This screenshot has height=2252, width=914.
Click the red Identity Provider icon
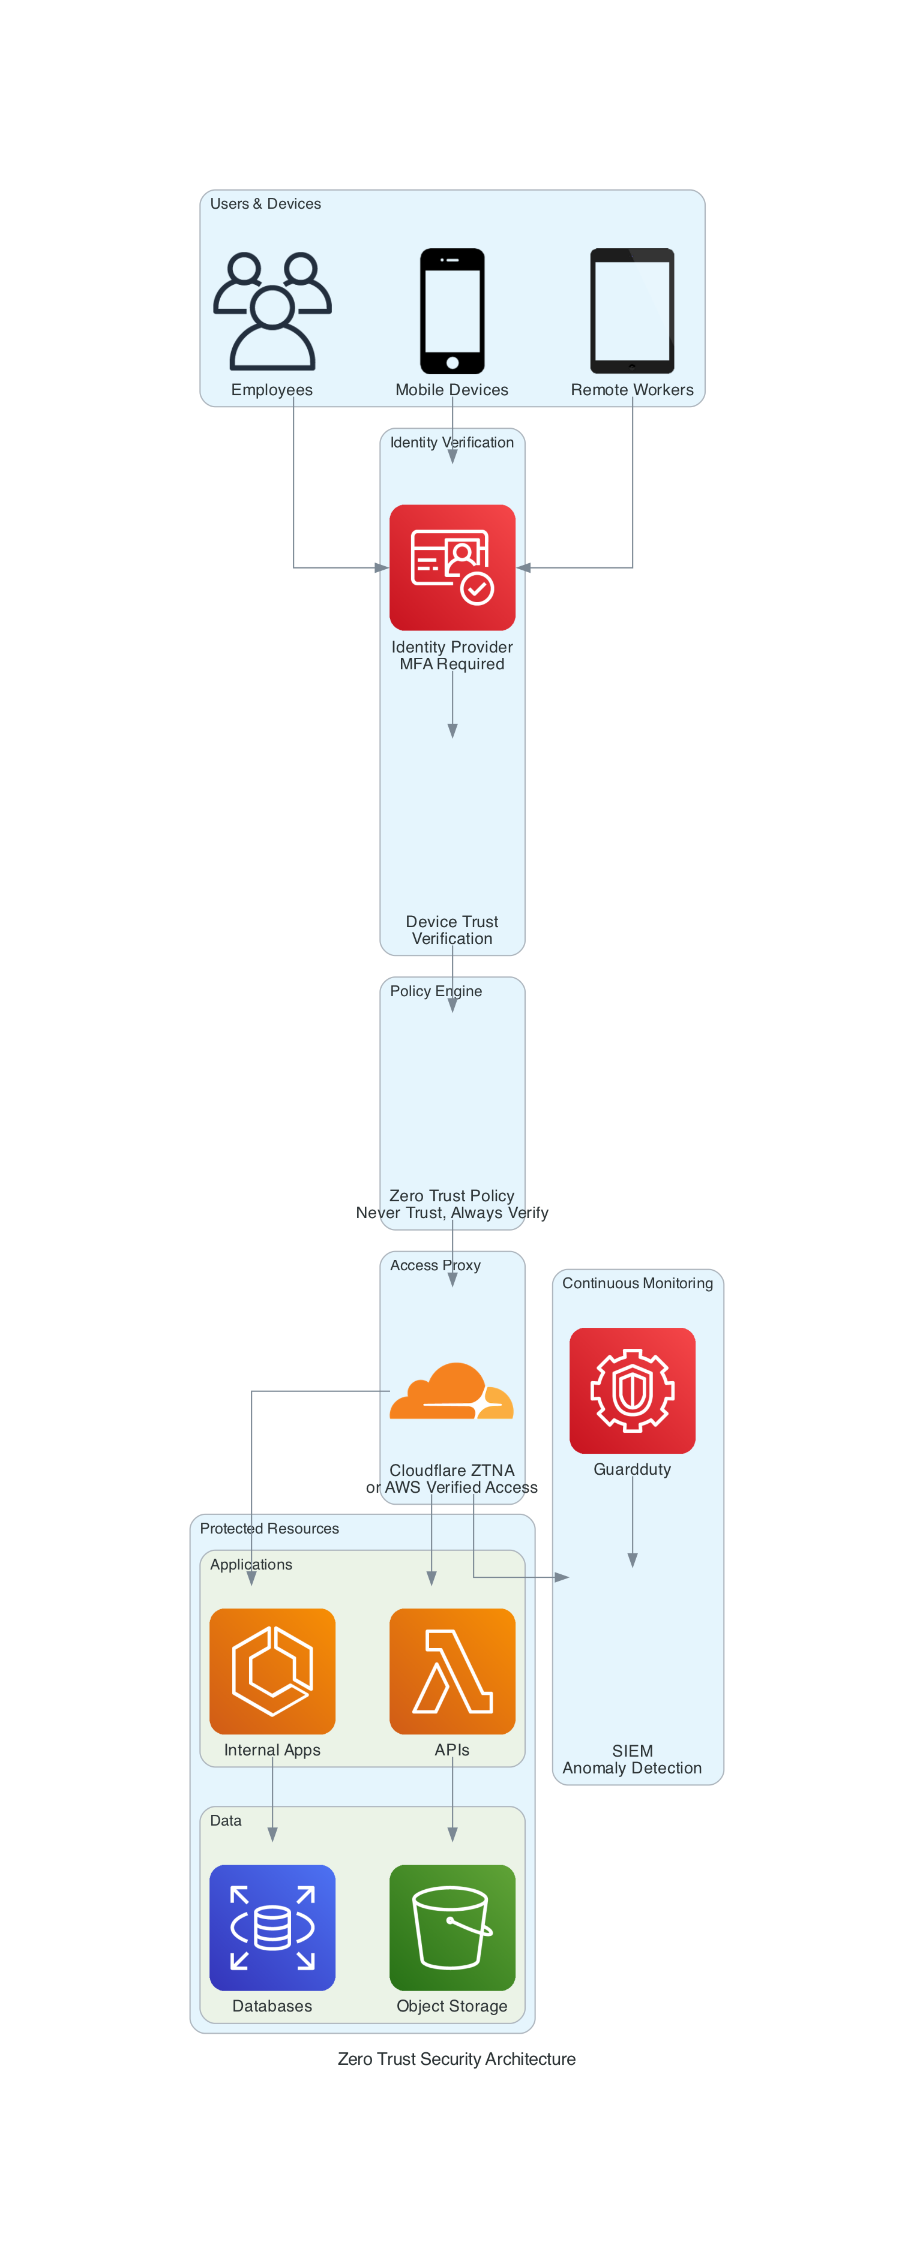click(451, 567)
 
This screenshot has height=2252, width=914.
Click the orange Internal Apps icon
click(272, 1671)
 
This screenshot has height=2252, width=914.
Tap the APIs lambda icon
click(451, 1671)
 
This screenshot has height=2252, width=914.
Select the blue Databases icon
click(272, 1927)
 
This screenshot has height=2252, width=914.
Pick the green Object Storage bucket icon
click(451, 1927)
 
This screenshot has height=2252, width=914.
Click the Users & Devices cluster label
click(265, 204)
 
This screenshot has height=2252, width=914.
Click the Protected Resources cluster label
click(269, 1528)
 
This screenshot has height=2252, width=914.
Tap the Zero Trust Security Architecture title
click(457, 2059)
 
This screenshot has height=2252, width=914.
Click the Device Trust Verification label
click(451, 930)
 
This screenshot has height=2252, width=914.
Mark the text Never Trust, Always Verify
click(451, 1213)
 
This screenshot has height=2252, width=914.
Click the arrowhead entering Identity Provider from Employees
click(381, 567)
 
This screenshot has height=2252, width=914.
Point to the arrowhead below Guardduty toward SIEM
click(633, 1561)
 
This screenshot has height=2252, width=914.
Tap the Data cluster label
click(226, 1820)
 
